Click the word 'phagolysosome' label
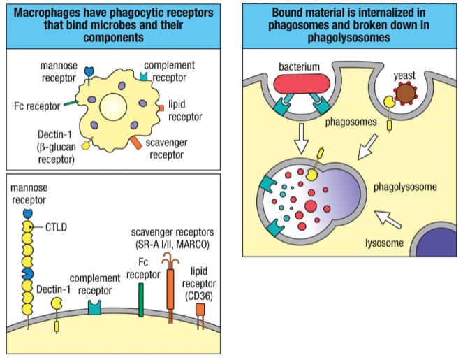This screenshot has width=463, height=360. (x=405, y=187)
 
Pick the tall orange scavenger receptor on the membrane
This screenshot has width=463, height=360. (x=170, y=290)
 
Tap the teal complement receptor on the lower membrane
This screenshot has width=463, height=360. (x=94, y=306)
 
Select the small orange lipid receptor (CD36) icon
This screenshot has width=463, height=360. (x=200, y=309)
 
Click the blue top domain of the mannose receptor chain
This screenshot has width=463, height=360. (x=28, y=212)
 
